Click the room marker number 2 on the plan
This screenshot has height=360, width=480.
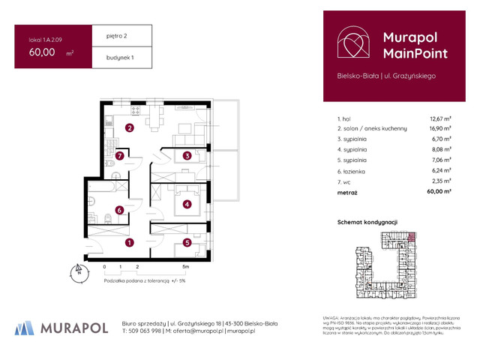tap(130, 128)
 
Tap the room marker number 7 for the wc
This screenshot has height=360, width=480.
tap(120, 156)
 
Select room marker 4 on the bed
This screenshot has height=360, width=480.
tap(187, 203)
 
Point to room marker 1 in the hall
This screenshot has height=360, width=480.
tap(130, 242)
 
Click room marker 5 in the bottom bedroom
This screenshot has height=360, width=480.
tap(187, 242)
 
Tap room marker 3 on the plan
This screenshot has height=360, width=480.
tap(187, 156)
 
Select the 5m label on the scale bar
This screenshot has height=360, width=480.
tap(185, 266)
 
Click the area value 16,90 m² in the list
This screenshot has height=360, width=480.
tap(439, 128)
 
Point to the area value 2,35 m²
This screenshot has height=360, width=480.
tap(439, 181)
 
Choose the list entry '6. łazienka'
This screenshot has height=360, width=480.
tap(355, 170)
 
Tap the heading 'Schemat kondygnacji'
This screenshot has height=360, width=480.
tap(367, 222)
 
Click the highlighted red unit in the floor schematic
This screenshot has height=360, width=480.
tap(410, 238)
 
